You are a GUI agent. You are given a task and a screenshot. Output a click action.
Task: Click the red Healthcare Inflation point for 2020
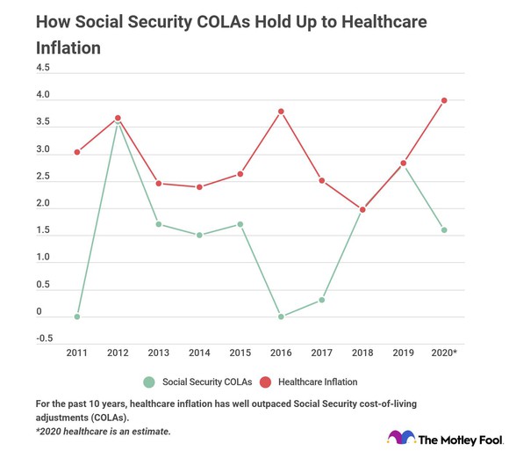pyautogui.click(x=444, y=100)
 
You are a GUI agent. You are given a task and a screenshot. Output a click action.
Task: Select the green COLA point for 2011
pyautogui.click(x=77, y=316)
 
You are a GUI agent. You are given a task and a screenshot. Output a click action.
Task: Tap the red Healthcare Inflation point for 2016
pyautogui.click(x=281, y=112)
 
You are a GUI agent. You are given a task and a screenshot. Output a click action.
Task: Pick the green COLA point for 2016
pyautogui.click(x=281, y=316)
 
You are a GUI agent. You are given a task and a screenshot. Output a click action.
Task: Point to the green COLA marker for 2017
pyautogui.click(x=322, y=300)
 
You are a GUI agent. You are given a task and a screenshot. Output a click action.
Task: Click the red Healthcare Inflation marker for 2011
pyautogui.click(x=77, y=152)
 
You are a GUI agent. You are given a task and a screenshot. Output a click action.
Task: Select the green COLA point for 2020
pyautogui.click(x=444, y=230)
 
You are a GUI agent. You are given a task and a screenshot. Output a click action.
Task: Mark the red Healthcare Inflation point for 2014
pyautogui.click(x=199, y=186)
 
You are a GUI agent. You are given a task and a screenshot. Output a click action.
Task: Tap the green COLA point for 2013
pyautogui.click(x=159, y=224)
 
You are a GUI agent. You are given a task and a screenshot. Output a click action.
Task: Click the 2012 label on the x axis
pyautogui.click(x=118, y=352)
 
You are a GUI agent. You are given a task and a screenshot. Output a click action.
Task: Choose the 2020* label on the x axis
pyautogui.click(x=443, y=352)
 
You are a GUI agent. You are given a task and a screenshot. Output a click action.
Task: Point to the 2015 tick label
pyautogui.click(x=240, y=352)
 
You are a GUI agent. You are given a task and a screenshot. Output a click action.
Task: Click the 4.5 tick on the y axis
pyautogui.click(x=43, y=68)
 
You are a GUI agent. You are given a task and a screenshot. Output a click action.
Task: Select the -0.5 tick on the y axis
pyautogui.click(x=44, y=338)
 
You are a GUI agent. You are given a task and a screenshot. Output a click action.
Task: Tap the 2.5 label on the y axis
pyautogui.click(x=43, y=177)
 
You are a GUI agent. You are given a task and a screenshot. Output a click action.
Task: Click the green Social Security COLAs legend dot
pyautogui.click(x=149, y=382)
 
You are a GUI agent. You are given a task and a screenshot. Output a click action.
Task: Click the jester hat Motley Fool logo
pyautogui.click(x=400, y=438)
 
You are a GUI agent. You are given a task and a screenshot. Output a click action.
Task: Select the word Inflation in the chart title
pyautogui.click(x=68, y=47)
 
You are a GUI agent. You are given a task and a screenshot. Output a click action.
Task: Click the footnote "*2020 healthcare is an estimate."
pyautogui.click(x=104, y=432)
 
